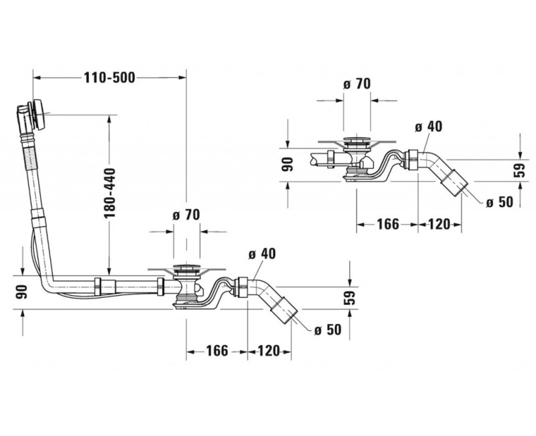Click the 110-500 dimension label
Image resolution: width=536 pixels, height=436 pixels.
pos(109,78)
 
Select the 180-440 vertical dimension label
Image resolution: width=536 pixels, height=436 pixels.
pos(110,193)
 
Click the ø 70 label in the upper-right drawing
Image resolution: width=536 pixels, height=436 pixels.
pos(357,83)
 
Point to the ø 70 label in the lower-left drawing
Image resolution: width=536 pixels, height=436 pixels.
pos(186,215)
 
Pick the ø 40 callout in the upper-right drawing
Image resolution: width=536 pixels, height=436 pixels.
pos(428,126)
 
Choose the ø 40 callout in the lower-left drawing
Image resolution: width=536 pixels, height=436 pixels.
pos(262,254)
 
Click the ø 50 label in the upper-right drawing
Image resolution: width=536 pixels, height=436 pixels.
pos(500,202)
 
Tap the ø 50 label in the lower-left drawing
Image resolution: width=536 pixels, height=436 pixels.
pos(328,329)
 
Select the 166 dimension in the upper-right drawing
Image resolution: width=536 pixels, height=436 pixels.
pos(388,224)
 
